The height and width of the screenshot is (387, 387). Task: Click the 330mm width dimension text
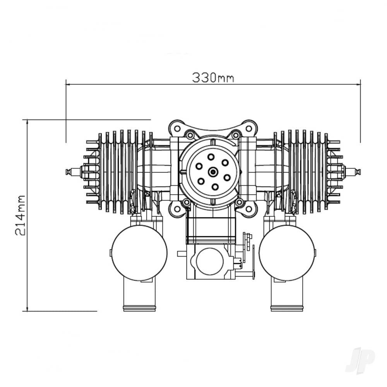pyautogui.click(x=213, y=77)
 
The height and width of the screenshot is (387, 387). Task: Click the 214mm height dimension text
pyautogui.click(x=20, y=215)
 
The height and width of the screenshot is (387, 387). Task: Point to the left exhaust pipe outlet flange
pyautogui.click(x=139, y=308)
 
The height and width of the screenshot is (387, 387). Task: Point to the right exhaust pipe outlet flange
pyautogui.click(x=287, y=308)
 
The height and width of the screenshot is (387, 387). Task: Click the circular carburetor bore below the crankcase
pyautogui.click(x=210, y=262)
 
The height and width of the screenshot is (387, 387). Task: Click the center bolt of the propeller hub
pyautogui.click(x=213, y=171)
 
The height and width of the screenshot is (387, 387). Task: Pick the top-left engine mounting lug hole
pyautogui.click(x=177, y=128)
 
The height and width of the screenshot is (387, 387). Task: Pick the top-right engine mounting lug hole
pyautogui.click(x=249, y=128)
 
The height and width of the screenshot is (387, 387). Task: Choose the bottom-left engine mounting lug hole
pyautogui.click(x=177, y=209)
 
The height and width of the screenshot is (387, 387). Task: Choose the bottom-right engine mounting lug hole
pyautogui.click(x=249, y=209)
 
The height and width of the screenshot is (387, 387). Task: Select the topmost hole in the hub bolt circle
pyautogui.click(x=211, y=157)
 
